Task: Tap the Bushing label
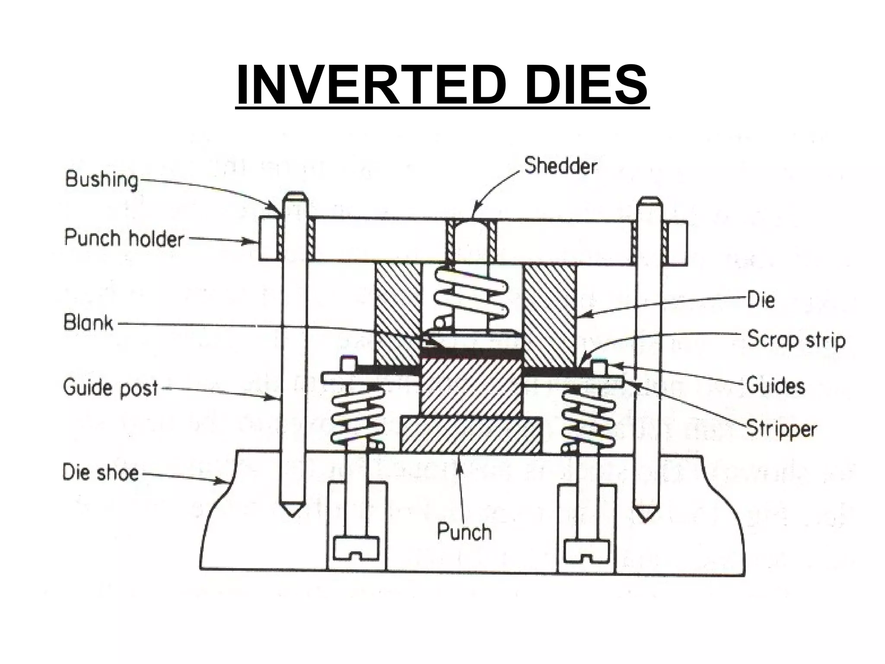[x=102, y=179]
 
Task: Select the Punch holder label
[x=124, y=238]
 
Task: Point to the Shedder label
[x=560, y=166]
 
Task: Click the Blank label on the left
[x=89, y=323]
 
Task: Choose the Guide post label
[x=111, y=387]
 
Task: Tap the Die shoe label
[x=101, y=472]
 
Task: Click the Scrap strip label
[x=796, y=339]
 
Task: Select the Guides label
[x=776, y=385]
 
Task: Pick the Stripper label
[x=781, y=428]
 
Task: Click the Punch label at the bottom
[x=464, y=531]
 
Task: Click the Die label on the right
[x=761, y=300]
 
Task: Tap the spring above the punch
[x=471, y=292]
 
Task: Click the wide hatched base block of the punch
[x=471, y=434]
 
